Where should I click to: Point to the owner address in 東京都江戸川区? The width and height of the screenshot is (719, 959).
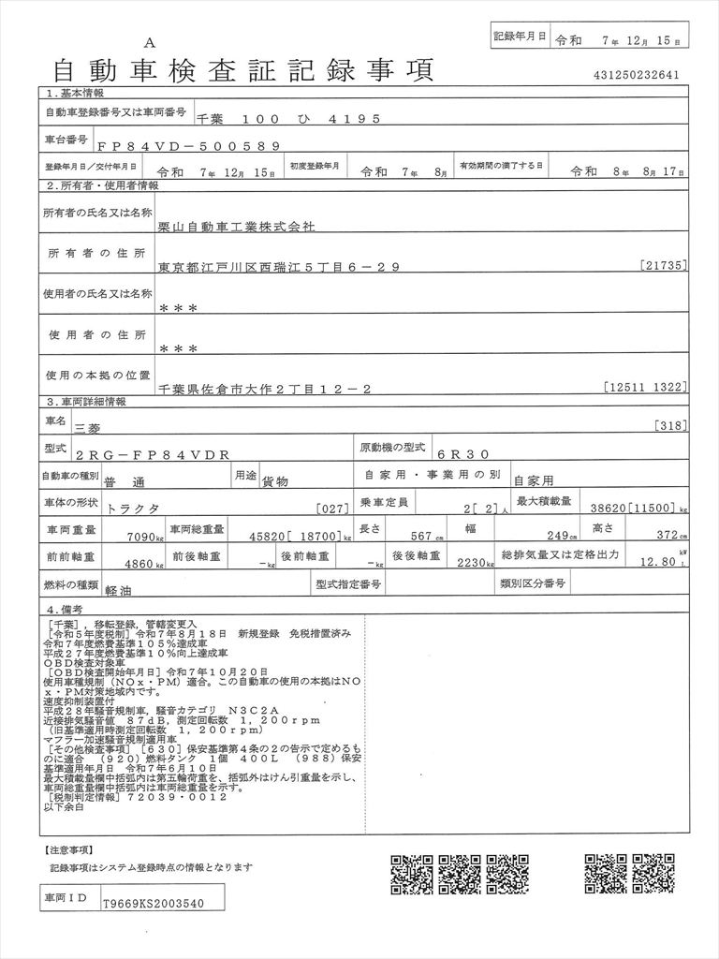pos(280,267)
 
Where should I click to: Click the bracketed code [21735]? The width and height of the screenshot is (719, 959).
pos(665,266)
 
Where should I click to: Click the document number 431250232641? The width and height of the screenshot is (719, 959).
pos(636,75)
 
